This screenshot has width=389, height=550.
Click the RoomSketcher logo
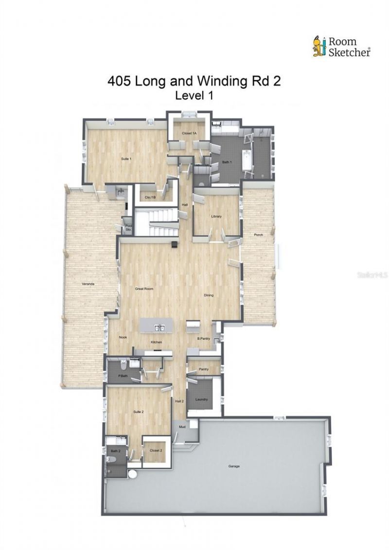pos(341,47)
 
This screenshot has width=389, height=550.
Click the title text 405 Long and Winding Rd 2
pos(194,81)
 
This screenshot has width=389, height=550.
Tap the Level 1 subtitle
pos(194,96)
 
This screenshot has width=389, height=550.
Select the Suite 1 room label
pos(126,159)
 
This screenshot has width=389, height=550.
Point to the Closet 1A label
pos(189,133)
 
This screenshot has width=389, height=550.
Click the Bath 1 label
pos(227,162)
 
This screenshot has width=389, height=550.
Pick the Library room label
pos(216,217)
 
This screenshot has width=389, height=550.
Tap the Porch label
pos(258,235)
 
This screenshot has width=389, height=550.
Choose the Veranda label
pos(88,283)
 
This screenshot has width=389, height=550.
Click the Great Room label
pos(144,289)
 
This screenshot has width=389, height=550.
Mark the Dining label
pos(209,295)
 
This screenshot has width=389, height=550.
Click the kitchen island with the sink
pos(156,325)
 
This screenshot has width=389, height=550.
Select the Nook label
pos(123,336)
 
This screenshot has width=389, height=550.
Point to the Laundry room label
pos(201,399)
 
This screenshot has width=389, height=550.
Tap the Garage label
pos(234,466)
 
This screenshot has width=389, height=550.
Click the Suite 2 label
pos(139,412)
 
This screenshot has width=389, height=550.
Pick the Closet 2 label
pos(156,450)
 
